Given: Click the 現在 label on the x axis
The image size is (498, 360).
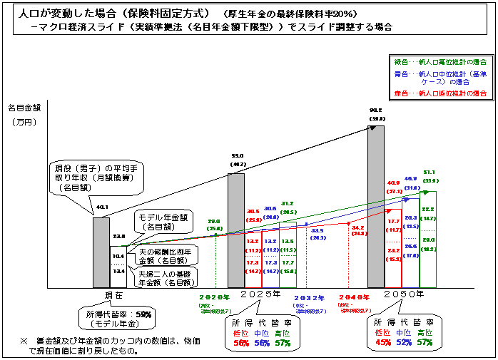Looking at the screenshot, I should click(x=106, y=294).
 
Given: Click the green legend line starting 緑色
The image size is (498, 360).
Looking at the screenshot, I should click(x=436, y=62).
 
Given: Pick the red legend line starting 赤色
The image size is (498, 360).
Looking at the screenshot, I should click(x=436, y=93).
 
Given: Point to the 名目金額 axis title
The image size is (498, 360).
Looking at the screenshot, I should click(x=26, y=108).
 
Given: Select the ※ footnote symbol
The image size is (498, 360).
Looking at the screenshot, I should click(x=24, y=342).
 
